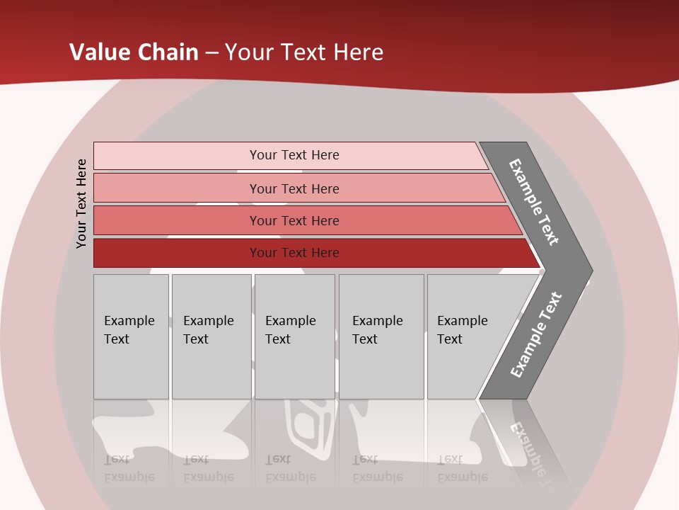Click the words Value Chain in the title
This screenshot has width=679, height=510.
(134, 52)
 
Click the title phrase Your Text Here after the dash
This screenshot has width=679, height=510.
(304, 52)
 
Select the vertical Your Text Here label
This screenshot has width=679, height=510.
(81, 203)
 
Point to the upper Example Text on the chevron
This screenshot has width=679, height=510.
(534, 202)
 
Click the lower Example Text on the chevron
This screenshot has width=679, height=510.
(536, 334)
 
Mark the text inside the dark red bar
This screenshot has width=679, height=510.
(294, 253)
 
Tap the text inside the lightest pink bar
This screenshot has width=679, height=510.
(294, 155)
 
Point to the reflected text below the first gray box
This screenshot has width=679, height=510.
(129, 468)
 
